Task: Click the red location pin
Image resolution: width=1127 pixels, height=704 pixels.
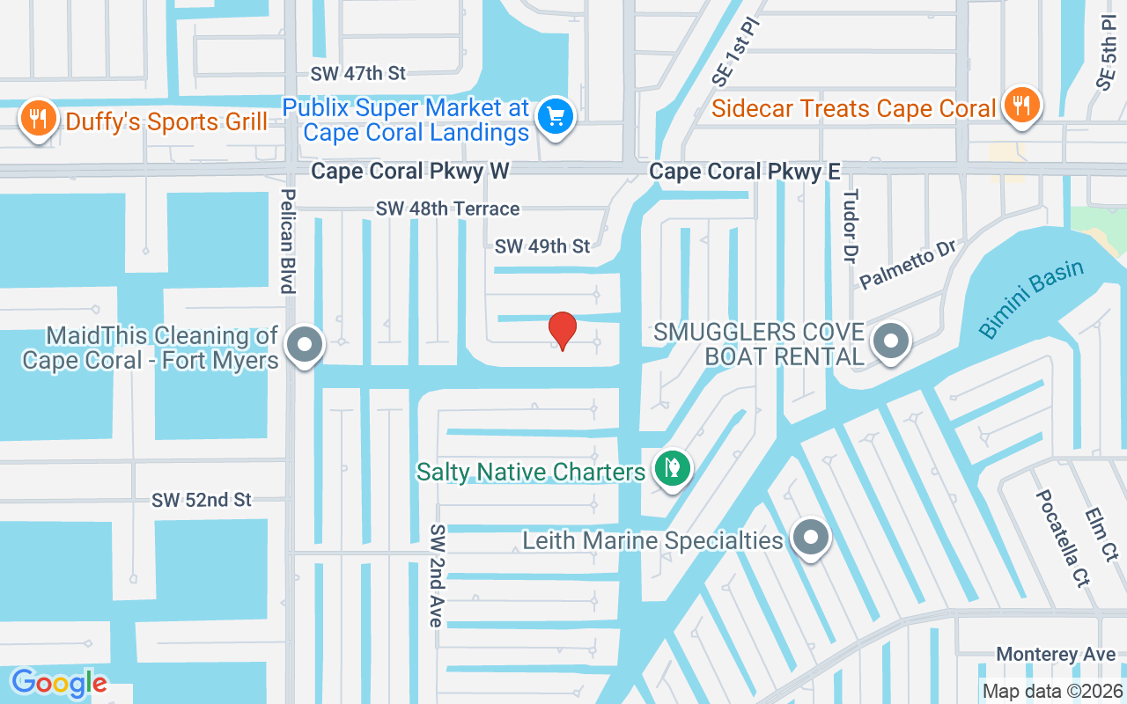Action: coord(563,330)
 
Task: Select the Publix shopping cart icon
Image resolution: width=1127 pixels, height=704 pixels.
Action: coord(556,115)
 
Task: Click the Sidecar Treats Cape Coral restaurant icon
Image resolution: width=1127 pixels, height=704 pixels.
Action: coord(1021,105)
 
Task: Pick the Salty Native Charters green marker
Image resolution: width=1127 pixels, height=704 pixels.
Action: coord(673,468)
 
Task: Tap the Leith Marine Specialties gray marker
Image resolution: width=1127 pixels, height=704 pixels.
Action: coord(811,537)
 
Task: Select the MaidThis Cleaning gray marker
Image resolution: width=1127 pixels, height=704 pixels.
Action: coord(306,345)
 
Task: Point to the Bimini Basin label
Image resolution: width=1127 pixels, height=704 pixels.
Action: coord(1031,299)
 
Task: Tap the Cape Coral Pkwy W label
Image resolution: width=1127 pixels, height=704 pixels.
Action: coord(410,172)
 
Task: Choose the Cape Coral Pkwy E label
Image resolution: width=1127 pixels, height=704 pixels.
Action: coord(745,172)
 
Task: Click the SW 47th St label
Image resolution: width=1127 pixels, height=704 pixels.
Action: coord(364,74)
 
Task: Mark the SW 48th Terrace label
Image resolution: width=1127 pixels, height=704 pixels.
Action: coord(447,209)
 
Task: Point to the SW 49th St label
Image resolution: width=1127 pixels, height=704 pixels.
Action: coord(542,246)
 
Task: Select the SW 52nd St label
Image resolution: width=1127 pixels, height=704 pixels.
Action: coord(202,500)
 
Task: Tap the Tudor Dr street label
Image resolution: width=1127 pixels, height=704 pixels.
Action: coord(850,226)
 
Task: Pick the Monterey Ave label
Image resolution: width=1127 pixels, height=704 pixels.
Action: coord(1057,655)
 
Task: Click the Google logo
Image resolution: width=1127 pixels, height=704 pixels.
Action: coord(59,683)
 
